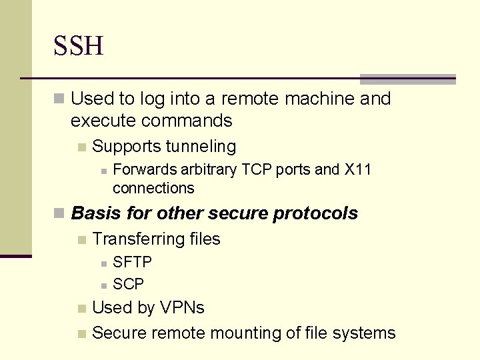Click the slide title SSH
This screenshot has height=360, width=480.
(79, 47)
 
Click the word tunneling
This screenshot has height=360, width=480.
(201, 146)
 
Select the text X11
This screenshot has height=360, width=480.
(357, 170)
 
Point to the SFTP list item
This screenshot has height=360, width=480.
(132, 262)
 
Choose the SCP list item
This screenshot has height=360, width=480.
(128, 285)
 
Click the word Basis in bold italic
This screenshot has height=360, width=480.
(92, 213)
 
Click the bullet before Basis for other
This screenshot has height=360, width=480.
(60, 214)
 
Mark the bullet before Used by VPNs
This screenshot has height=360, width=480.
(81, 309)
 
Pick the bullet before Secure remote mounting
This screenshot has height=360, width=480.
(81, 333)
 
